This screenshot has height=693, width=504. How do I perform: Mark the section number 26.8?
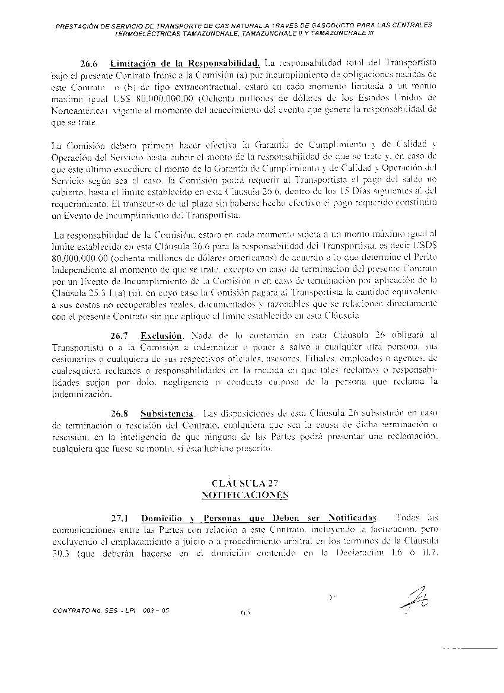click(x=120, y=412)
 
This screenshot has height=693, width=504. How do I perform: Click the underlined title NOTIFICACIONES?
click(x=244, y=494)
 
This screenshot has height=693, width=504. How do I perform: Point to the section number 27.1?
click(x=120, y=517)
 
